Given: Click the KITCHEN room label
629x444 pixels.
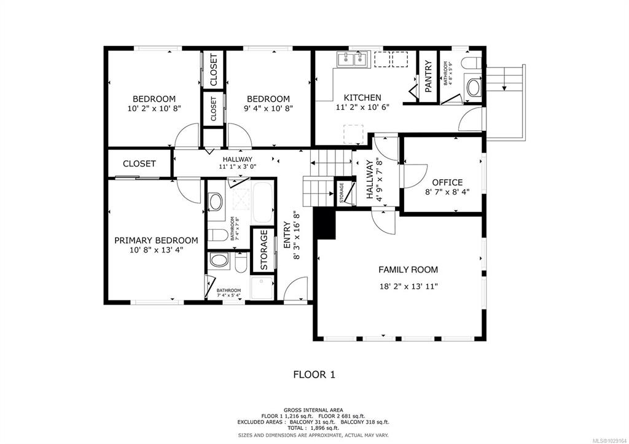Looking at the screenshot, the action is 362,98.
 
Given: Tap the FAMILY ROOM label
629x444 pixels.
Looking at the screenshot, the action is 408,270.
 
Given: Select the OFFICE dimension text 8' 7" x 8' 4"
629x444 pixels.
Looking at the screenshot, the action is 447,192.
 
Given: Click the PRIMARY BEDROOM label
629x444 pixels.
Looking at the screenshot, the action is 156,240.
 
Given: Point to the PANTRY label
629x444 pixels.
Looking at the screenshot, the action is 428,76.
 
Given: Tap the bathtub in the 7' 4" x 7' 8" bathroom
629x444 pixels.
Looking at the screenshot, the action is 262,202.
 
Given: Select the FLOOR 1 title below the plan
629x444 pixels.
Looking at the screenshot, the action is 314,375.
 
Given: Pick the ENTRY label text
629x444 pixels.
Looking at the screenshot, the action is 287,235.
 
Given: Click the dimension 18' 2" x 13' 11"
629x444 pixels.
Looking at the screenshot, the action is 408,286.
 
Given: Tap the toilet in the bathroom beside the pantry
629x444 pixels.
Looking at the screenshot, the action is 472,63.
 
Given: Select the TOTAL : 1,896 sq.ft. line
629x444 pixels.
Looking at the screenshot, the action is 314,428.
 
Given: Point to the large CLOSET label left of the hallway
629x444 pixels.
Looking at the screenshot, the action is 139,163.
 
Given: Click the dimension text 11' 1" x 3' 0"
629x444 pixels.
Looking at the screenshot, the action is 238,166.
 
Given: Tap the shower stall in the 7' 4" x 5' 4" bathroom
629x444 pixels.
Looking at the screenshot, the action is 262,287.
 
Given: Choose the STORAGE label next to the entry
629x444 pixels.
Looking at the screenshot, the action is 264,250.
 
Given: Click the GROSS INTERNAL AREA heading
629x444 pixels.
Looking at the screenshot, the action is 313,410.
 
